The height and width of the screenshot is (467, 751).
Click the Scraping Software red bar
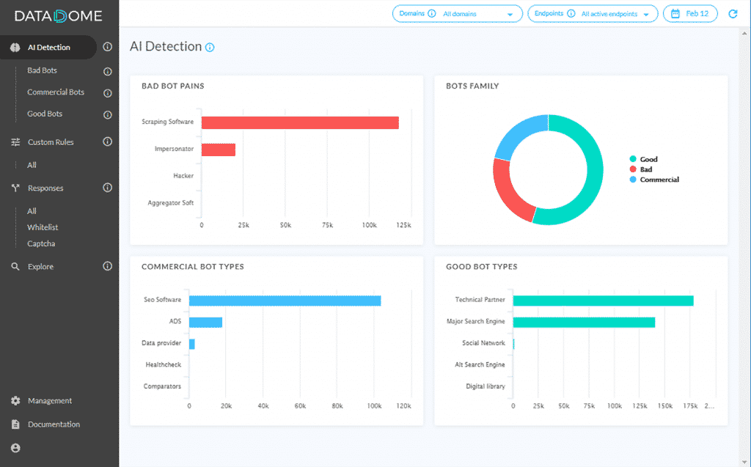pyautogui.click(x=300, y=122)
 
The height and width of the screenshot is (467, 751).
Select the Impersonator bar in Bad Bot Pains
pyautogui.click(x=219, y=150)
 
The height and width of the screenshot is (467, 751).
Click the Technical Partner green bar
pyautogui.click(x=603, y=301)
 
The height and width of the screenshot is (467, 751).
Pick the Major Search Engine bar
pyautogui.click(x=584, y=322)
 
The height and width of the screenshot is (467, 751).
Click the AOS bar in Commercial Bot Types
pyautogui.click(x=205, y=322)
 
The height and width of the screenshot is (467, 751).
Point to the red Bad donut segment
pyautogui.click(x=510, y=192)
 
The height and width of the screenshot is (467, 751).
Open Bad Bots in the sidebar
pyautogui.click(x=42, y=70)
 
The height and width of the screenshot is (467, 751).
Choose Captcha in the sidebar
pyautogui.click(x=41, y=243)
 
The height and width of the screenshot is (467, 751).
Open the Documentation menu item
pyautogui.click(x=54, y=424)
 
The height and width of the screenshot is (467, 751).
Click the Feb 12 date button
pyautogui.click(x=690, y=14)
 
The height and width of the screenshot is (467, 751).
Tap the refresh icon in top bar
pyautogui.click(x=733, y=14)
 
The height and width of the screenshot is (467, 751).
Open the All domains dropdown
pyautogui.click(x=458, y=14)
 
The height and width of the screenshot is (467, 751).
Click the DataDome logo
pyautogui.click(x=59, y=16)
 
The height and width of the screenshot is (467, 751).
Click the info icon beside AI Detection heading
pyautogui.click(x=210, y=48)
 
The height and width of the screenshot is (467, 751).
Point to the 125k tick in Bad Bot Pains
pyautogui.click(x=403, y=225)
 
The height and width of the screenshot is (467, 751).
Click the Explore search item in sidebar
pyautogui.click(x=40, y=267)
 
